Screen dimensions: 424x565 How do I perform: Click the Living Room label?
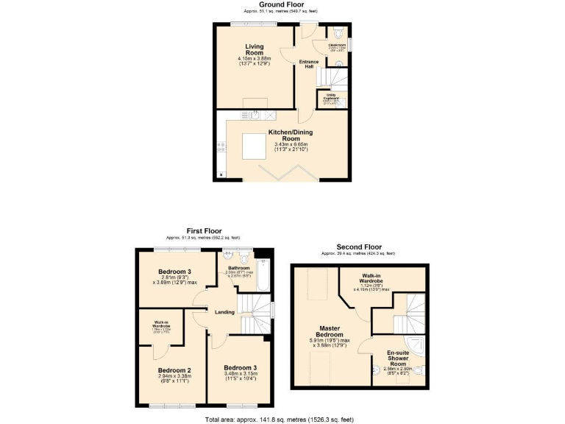tap(255, 49)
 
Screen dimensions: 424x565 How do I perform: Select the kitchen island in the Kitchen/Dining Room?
tap(254, 146)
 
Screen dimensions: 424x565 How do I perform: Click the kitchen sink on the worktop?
tap(255, 114)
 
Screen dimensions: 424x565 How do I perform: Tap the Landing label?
tap(224, 312)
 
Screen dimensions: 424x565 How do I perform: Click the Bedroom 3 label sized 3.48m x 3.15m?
tap(239, 368)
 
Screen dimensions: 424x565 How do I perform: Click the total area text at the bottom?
tap(282, 419)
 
